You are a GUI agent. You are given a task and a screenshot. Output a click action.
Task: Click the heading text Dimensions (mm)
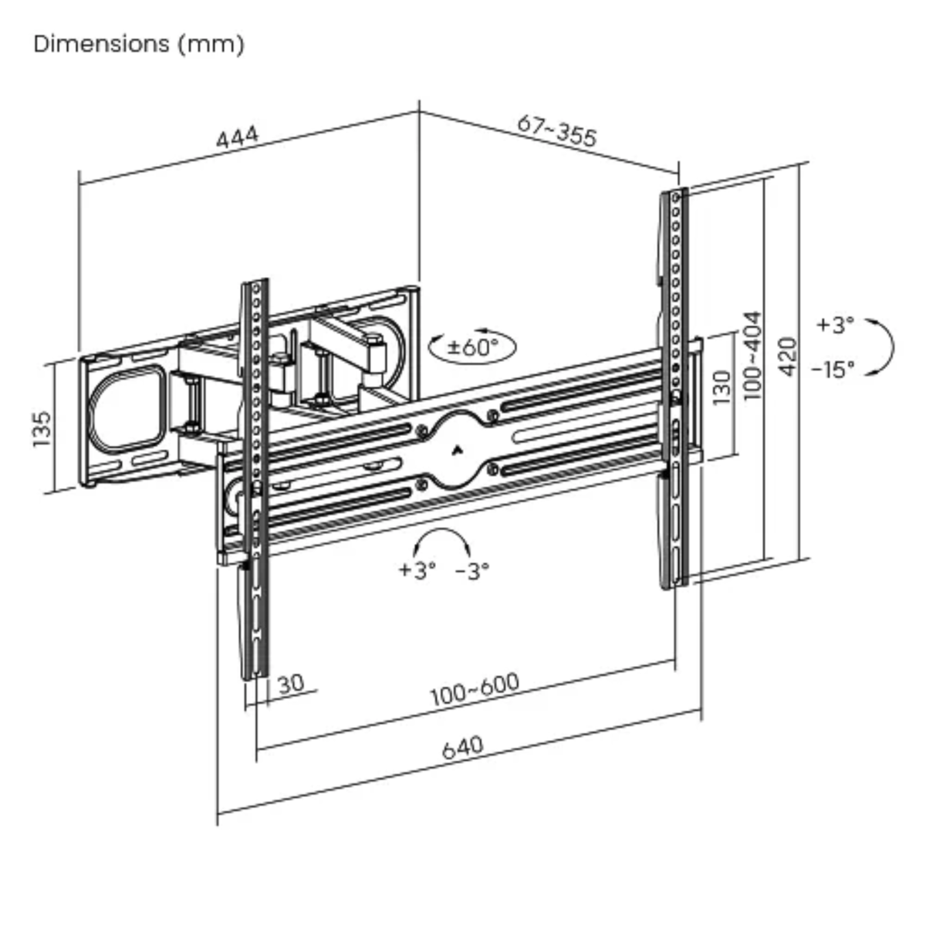pos(139,44)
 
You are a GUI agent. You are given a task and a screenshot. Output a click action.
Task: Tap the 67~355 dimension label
pos(556,130)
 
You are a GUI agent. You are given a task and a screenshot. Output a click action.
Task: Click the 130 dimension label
pos(722,387)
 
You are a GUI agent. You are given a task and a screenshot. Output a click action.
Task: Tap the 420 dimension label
pos(787,356)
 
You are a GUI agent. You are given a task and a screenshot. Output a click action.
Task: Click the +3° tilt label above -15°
pos(835,325)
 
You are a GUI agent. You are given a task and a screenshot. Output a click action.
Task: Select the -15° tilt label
pos(833,369)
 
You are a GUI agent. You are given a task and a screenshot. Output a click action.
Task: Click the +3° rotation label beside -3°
pos(417,570)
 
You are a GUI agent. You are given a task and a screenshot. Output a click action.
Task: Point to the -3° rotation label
pos(472,571)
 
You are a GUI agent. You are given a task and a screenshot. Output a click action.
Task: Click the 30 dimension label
pos(290,683)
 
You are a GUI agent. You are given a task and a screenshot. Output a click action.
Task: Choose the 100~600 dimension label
pos(475,690)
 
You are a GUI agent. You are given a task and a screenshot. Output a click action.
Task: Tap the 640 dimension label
pos(463,747)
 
